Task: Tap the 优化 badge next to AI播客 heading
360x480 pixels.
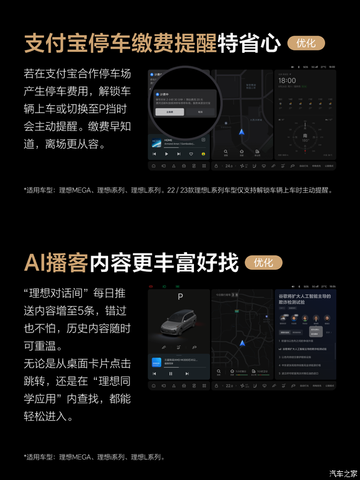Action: pos(263,263)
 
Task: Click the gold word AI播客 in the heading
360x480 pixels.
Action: pos(55,263)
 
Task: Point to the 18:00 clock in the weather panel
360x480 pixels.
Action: pos(288,81)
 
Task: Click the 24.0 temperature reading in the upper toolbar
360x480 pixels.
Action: pos(229,166)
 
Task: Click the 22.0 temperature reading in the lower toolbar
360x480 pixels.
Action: pos(229,386)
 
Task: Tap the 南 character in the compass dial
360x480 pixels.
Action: pos(305,135)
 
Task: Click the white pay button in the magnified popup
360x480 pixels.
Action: pos(170,112)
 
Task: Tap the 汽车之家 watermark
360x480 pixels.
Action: pos(343,471)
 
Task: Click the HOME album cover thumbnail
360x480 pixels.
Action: pos(156,141)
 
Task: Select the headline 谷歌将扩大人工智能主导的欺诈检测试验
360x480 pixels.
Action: pos(304,298)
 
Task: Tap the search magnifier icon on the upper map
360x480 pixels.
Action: pos(226,152)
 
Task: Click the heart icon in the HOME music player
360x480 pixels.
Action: pos(191,155)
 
